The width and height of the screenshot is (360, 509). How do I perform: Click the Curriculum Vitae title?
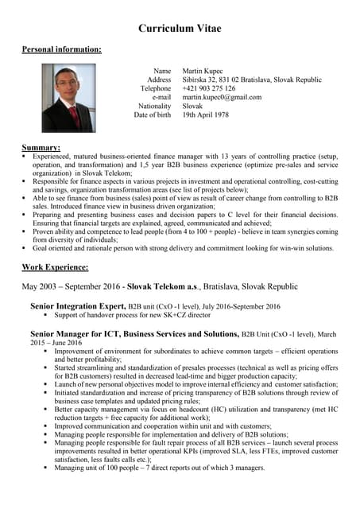pos(180,29)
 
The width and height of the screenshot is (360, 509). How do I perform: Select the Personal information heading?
pos(61,50)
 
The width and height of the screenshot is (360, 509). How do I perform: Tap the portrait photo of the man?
pos(68,98)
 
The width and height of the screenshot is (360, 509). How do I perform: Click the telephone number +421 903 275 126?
pos(208,89)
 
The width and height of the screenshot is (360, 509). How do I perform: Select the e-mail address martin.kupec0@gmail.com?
pos(222,97)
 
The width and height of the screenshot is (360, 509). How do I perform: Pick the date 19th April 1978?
pos(205,115)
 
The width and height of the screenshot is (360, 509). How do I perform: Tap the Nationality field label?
pos(154,106)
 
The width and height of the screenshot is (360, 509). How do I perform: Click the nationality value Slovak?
pos(192,106)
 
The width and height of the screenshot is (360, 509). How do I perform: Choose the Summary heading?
pos(41,148)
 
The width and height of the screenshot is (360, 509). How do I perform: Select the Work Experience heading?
pos(55,266)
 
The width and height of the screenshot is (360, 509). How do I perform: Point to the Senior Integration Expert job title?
pos(78,305)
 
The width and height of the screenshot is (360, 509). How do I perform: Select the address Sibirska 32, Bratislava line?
pos(251,80)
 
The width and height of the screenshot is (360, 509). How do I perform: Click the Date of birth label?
pos(152,115)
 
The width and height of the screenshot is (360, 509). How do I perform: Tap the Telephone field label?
pos(155,89)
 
